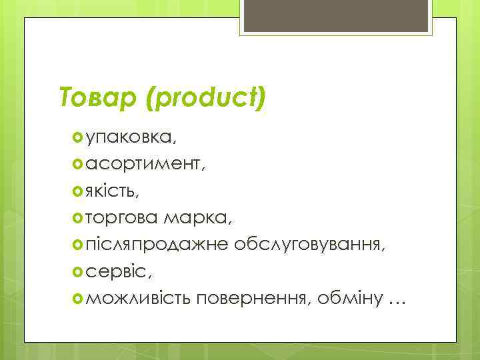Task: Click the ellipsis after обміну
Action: click(x=396, y=303)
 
